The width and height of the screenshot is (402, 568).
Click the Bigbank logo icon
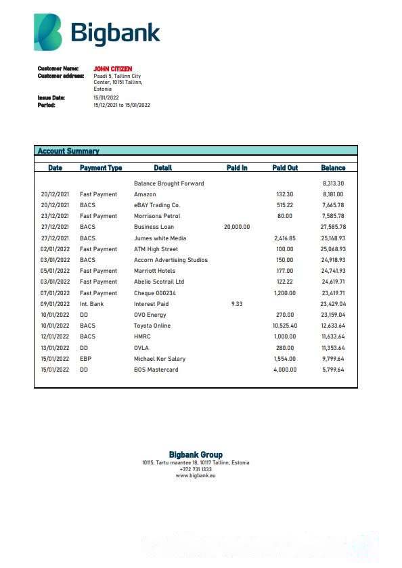(x=47, y=32)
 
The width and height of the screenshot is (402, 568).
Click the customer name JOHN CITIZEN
(x=112, y=69)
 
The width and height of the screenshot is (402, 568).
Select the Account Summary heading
(x=68, y=151)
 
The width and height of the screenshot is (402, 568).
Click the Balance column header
(x=333, y=168)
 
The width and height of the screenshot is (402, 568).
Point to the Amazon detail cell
(x=145, y=194)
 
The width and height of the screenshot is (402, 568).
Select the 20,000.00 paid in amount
(x=236, y=227)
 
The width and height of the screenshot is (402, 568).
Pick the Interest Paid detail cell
(x=151, y=304)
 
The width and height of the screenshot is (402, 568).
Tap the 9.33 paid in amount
(x=236, y=304)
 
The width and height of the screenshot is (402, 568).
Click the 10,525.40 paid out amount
(x=284, y=326)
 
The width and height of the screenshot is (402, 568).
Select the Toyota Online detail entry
(x=152, y=326)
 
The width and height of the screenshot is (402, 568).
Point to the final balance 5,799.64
(x=332, y=370)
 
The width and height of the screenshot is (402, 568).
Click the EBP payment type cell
(x=85, y=359)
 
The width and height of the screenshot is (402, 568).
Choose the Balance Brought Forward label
(x=169, y=183)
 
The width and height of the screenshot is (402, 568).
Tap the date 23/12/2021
(x=55, y=216)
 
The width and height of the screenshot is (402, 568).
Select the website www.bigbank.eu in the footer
(x=196, y=476)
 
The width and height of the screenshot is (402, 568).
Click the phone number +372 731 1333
(x=196, y=469)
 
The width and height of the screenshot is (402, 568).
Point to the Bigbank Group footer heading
(x=196, y=454)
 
